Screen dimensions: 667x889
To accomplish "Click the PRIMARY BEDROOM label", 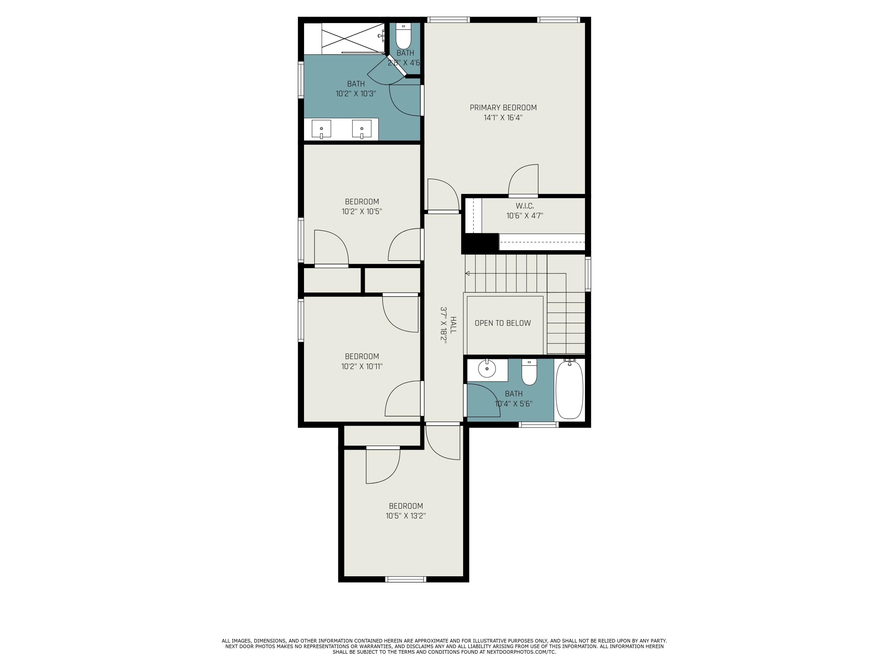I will click(503, 107).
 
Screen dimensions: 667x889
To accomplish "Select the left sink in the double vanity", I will click(321, 129).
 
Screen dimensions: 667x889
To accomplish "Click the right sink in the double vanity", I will click(362, 129).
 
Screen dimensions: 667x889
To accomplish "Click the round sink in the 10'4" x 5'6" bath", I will click(487, 369).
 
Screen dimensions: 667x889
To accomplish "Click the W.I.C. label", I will click(525, 206).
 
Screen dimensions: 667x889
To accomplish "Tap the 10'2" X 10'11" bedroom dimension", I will click(362, 366).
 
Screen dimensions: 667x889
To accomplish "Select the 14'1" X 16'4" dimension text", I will click(503, 118).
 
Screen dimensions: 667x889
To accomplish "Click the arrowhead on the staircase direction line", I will click(467, 273).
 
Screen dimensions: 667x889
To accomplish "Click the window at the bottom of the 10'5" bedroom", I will click(405, 579).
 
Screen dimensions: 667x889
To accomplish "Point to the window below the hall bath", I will click(538, 425).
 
